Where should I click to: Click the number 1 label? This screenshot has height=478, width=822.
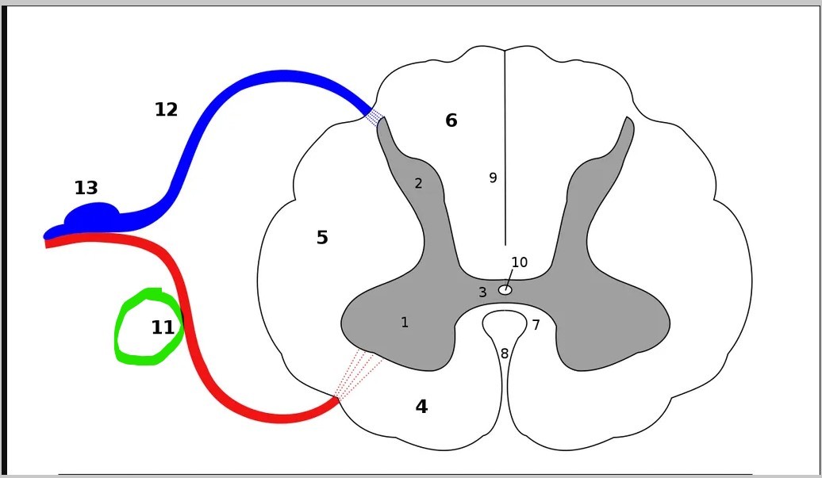(405, 323)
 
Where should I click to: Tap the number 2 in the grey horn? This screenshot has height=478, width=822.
(418, 184)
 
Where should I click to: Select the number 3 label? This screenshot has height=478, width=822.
(482, 293)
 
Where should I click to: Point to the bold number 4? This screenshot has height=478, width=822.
(421, 407)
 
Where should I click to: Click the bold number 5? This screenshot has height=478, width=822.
(322, 238)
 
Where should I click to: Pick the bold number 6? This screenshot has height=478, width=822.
(451, 120)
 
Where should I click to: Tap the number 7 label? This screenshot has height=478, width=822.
(536, 325)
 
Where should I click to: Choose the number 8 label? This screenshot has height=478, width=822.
(505, 354)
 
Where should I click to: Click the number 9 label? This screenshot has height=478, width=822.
(493, 178)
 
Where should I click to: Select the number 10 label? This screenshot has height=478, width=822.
(519, 262)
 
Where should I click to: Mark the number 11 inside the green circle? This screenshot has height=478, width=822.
(163, 327)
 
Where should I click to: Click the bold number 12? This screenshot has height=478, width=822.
(166, 110)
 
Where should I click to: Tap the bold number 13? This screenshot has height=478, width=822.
(86, 189)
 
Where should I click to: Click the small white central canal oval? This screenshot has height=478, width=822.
(505, 290)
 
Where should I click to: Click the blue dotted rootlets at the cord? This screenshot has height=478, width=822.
(373, 117)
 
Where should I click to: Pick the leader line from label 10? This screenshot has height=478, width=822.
(509, 278)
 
